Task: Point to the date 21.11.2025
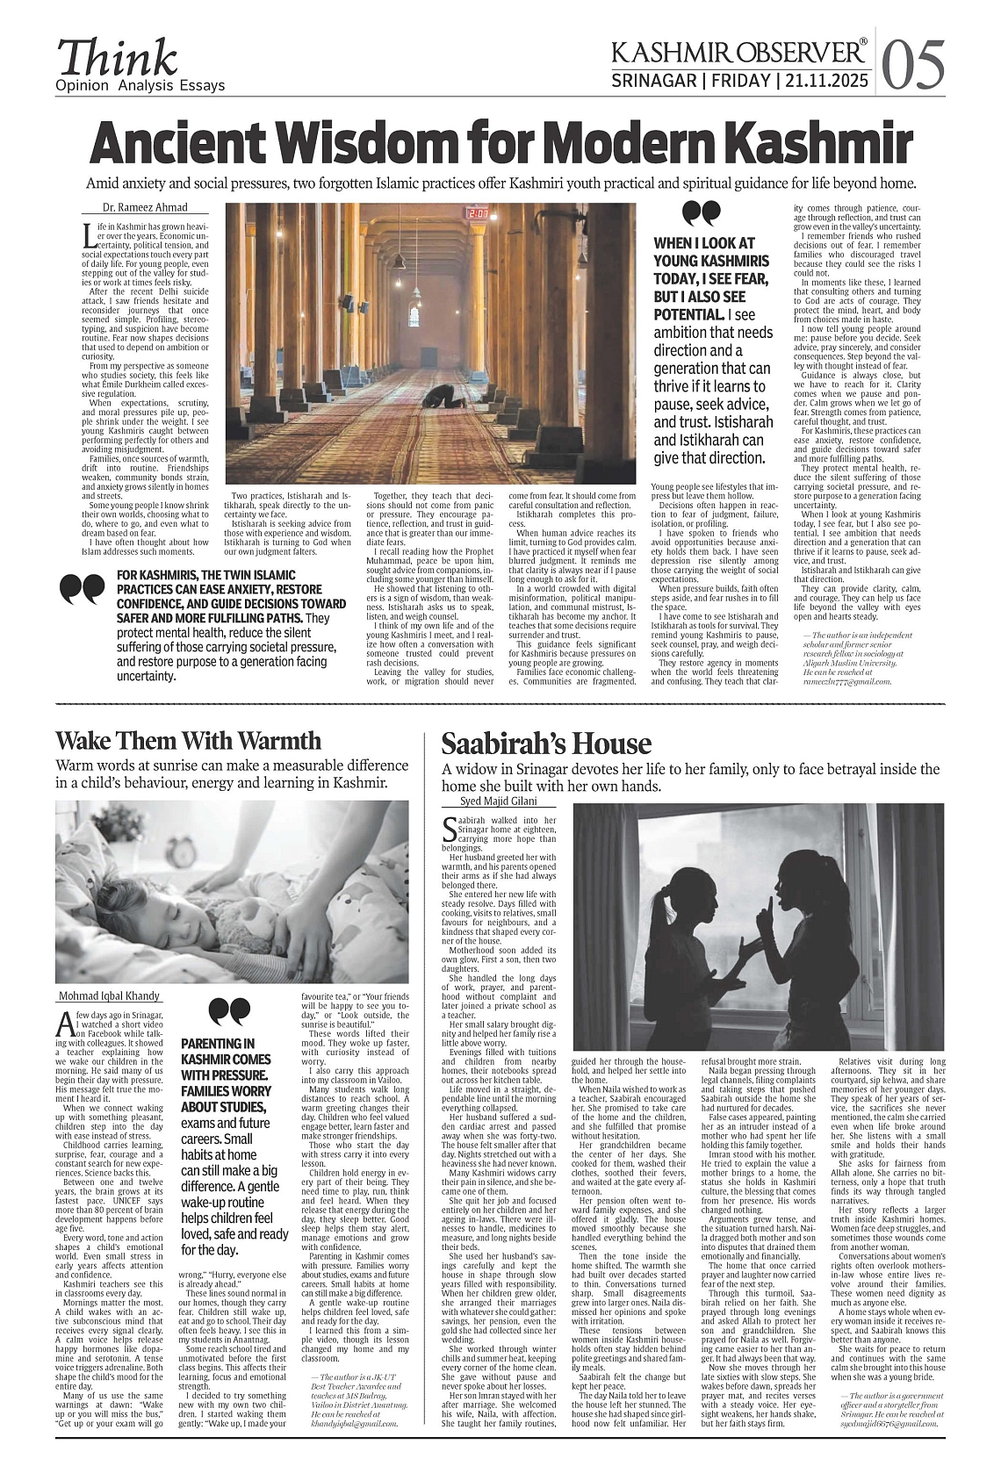(x=825, y=82)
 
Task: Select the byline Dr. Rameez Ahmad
(x=135, y=208)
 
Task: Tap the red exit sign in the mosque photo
(x=478, y=213)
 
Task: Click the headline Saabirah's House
(x=545, y=744)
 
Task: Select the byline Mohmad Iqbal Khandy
(x=110, y=995)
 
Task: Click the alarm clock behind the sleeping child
(x=184, y=849)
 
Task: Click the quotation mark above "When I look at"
(x=701, y=213)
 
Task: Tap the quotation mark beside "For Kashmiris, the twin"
(x=81, y=589)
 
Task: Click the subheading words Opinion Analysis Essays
(x=140, y=86)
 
